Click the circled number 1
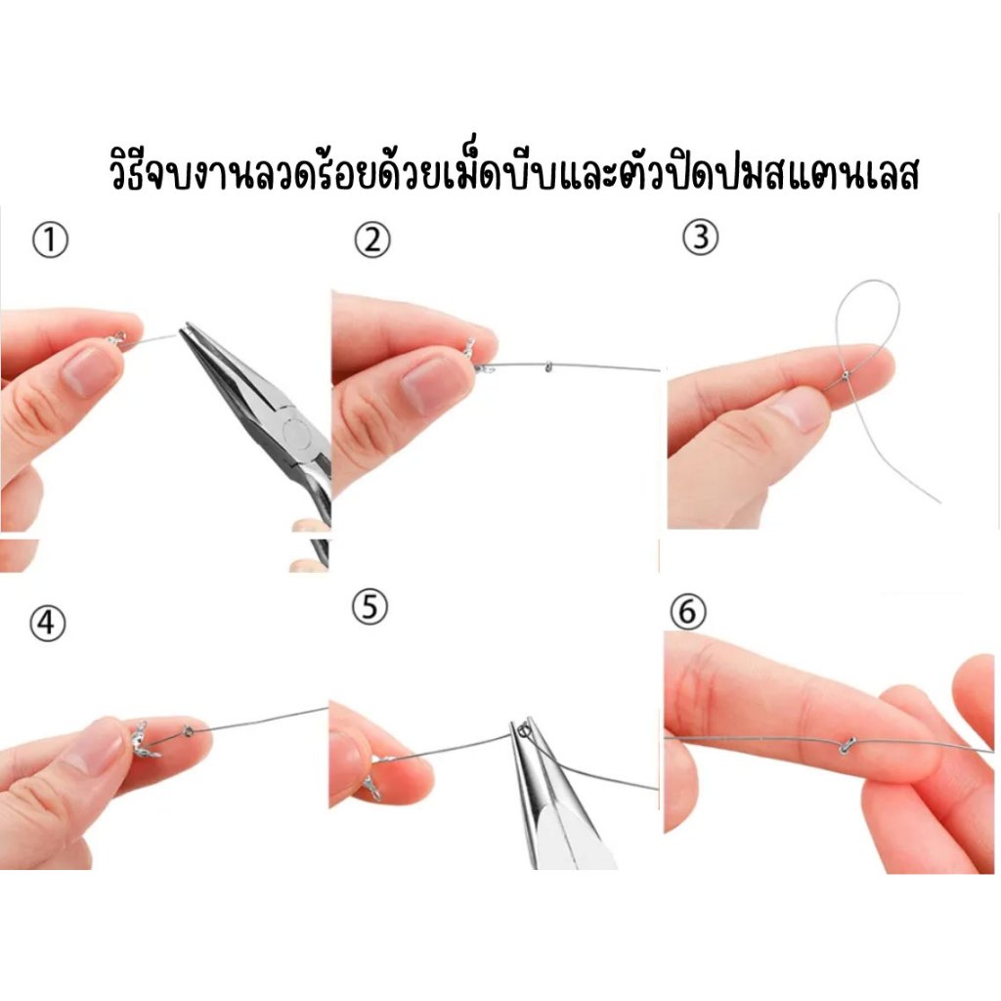point(50,240)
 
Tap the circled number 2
point(371,240)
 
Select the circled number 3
point(700,238)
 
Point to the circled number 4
point(47,623)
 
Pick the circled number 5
point(370,607)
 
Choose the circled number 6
point(687,612)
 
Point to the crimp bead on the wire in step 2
point(547,367)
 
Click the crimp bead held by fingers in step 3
point(846,375)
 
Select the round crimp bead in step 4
point(189,731)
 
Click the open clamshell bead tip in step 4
point(145,741)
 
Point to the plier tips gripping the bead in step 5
point(524,729)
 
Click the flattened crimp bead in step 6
point(847,744)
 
